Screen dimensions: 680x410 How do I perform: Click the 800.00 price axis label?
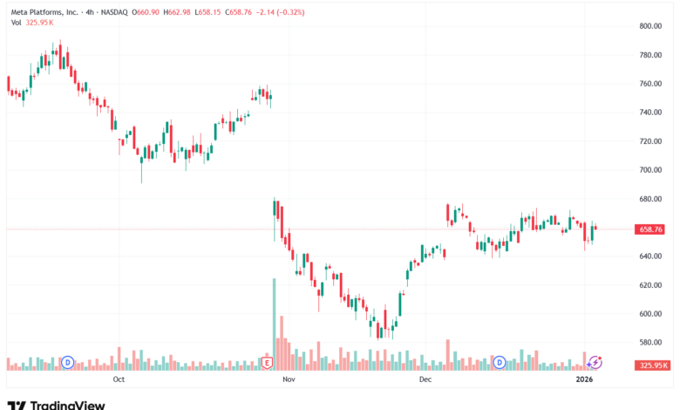650,26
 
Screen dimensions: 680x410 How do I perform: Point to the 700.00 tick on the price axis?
650,170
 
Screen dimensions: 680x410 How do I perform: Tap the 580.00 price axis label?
650,342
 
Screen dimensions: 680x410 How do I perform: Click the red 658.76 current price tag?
649,229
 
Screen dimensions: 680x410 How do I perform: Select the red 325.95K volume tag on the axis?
652,366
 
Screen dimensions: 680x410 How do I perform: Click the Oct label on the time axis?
119,379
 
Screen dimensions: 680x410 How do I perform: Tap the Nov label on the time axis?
289,379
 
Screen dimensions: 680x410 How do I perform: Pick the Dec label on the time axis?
425,379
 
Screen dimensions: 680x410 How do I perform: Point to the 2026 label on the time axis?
584,379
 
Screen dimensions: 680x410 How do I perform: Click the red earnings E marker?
267,363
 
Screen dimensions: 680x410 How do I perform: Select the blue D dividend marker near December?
500,362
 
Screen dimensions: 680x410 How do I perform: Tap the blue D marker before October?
68,362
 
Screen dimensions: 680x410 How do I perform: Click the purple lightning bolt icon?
595,362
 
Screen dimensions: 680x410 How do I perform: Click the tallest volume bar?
274,325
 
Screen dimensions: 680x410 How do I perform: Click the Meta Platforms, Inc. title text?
44,12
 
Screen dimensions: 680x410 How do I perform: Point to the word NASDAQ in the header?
114,12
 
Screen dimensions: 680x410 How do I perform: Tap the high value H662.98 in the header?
177,12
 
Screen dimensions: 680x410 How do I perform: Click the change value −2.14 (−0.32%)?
280,12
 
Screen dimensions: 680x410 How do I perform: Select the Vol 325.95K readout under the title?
32,23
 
